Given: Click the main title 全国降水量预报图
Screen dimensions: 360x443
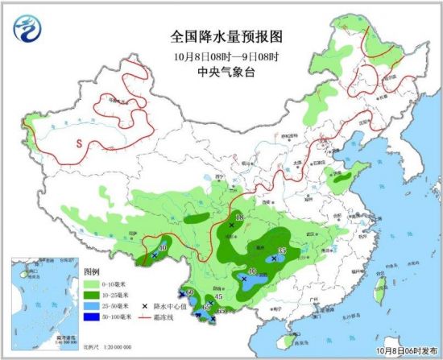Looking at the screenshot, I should click(x=221, y=37).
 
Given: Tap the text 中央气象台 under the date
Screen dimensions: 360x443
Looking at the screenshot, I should click(x=221, y=71).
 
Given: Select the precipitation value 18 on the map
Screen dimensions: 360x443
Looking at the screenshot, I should click(x=238, y=218).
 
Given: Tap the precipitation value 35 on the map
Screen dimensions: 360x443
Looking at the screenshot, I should click(x=281, y=252).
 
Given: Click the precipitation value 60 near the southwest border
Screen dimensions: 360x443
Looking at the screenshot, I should click(x=190, y=291).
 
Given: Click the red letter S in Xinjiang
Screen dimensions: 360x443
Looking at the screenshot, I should click(x=79, y=143).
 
